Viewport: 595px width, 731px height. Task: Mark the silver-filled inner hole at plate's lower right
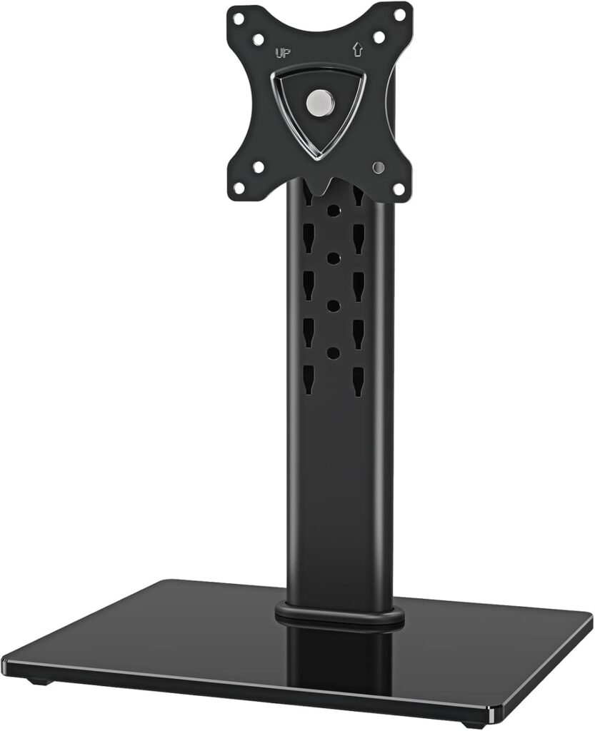click(378, 166)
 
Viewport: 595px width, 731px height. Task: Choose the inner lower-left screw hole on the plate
click(258, 166)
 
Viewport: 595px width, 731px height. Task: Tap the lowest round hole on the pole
click(333, 353)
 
